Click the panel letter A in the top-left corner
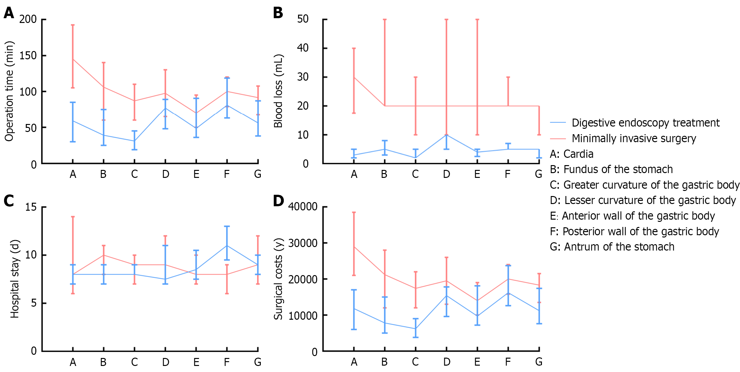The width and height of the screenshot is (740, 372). tap(9, 13)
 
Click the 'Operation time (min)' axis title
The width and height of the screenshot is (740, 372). tap(9, 91)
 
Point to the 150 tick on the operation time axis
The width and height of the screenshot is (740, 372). tap(28, 55)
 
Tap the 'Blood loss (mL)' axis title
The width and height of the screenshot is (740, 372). tap(278, 91)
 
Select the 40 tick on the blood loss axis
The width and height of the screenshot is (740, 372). tap(302, 48)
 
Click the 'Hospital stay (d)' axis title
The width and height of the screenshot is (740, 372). tap(15, 279)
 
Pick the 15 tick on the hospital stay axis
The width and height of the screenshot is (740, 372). tap(31, 207)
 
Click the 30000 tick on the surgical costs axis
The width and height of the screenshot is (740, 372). tap(302, 243)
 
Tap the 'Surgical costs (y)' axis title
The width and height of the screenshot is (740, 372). tap(278, 279)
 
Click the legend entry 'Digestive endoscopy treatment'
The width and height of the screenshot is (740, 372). tap(645, 123)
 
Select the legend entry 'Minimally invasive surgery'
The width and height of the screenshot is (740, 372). tap(634, 138)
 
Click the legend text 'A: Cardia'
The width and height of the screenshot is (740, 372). tap(571, 154)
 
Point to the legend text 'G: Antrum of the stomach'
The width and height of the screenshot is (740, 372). tap(612, 247)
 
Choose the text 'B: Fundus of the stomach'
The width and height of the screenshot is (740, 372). tap(611, 169)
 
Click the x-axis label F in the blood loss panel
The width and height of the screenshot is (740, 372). tap(508, 174)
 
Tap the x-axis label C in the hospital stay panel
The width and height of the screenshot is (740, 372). tap(134, 362)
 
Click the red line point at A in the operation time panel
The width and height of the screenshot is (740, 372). tap(73, 59)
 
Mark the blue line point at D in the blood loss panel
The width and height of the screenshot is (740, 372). tap(446, 135)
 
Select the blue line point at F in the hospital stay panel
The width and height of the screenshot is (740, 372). tap(227, 245)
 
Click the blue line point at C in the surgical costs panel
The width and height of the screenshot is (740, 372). tap(416, 329)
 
